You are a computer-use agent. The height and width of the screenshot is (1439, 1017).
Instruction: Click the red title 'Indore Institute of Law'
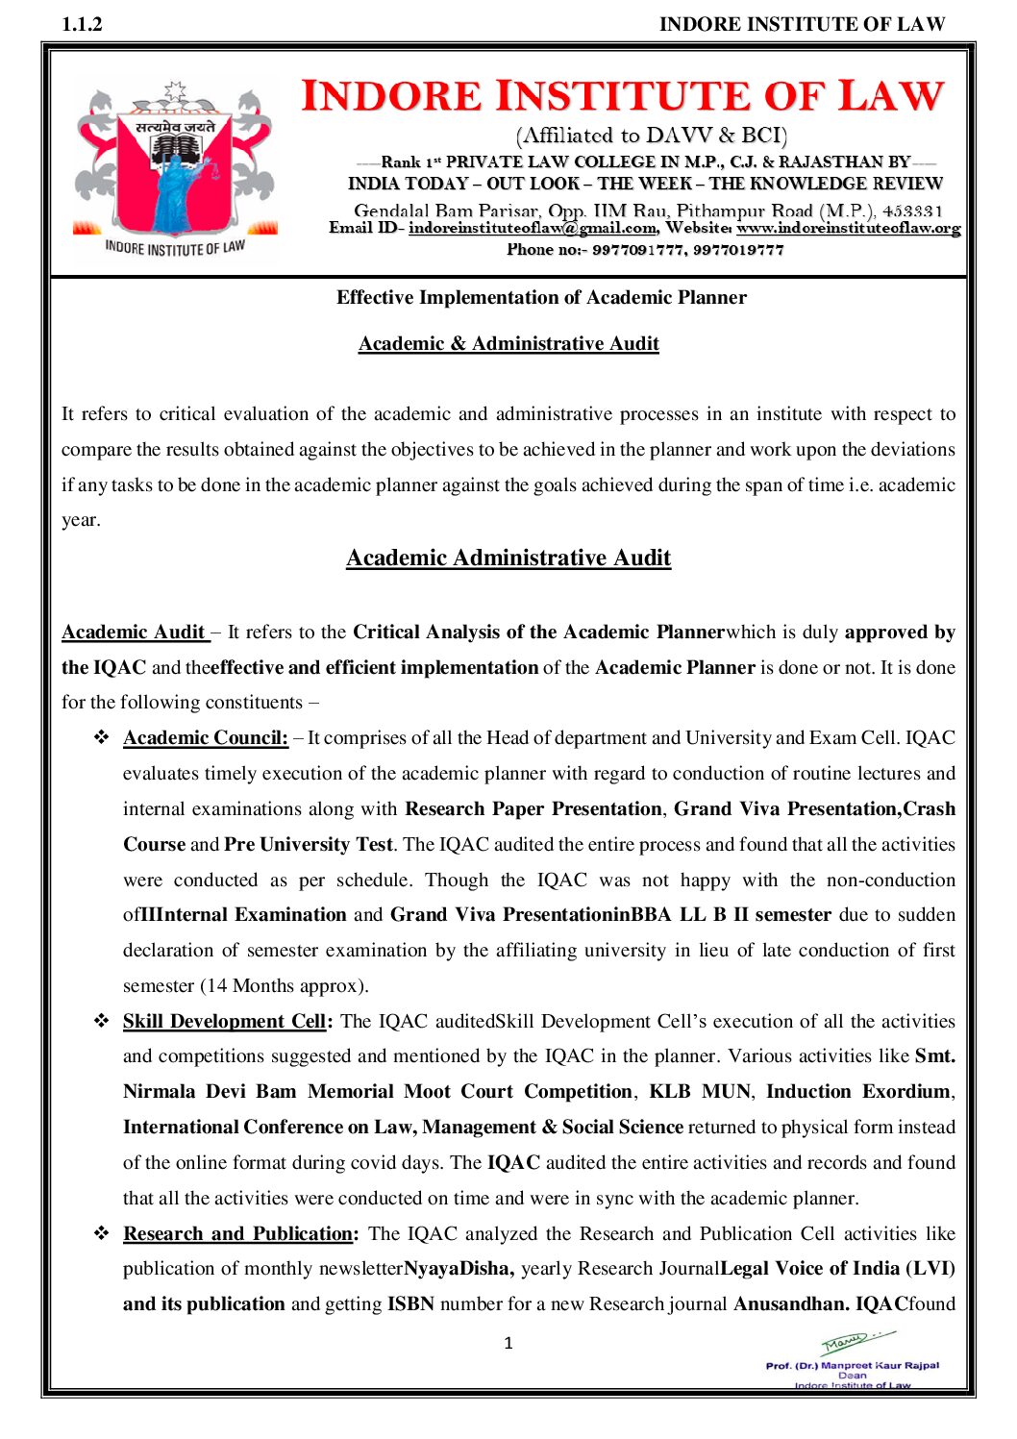coord(623,96)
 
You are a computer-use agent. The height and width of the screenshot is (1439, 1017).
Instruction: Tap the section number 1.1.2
coord(82,24)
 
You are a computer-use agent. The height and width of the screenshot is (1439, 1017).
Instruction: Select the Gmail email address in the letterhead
coord(533,229)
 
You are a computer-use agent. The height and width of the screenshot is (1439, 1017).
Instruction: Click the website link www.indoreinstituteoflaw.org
coord(848,229)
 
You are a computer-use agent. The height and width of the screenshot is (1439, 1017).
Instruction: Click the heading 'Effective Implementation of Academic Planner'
coord(541,298)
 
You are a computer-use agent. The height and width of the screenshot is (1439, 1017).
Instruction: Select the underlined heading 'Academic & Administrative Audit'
coord(508,344)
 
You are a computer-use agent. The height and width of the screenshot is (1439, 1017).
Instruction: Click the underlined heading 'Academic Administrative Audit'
coord(508,558)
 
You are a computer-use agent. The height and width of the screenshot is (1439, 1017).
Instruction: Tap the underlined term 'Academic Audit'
coord(134,633)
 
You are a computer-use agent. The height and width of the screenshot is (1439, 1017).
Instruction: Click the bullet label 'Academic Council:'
coord(205,738)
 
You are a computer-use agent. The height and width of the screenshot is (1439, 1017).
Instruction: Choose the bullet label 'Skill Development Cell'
coord(224,1022)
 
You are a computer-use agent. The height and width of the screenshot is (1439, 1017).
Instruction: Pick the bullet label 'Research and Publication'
coord(238,1234)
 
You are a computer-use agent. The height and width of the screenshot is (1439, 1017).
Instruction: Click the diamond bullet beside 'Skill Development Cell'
coord(101,1021)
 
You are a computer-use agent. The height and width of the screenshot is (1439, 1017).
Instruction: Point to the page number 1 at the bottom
coord(508,1344)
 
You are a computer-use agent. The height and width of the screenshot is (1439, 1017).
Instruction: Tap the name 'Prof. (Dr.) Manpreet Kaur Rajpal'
coord(852,1365)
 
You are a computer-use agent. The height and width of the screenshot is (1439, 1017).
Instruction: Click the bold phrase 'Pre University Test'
coord(309,845)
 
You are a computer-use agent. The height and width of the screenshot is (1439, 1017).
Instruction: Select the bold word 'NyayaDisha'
coord(458,1269)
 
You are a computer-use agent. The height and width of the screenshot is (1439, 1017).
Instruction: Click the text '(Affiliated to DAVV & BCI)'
coord(652,136)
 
